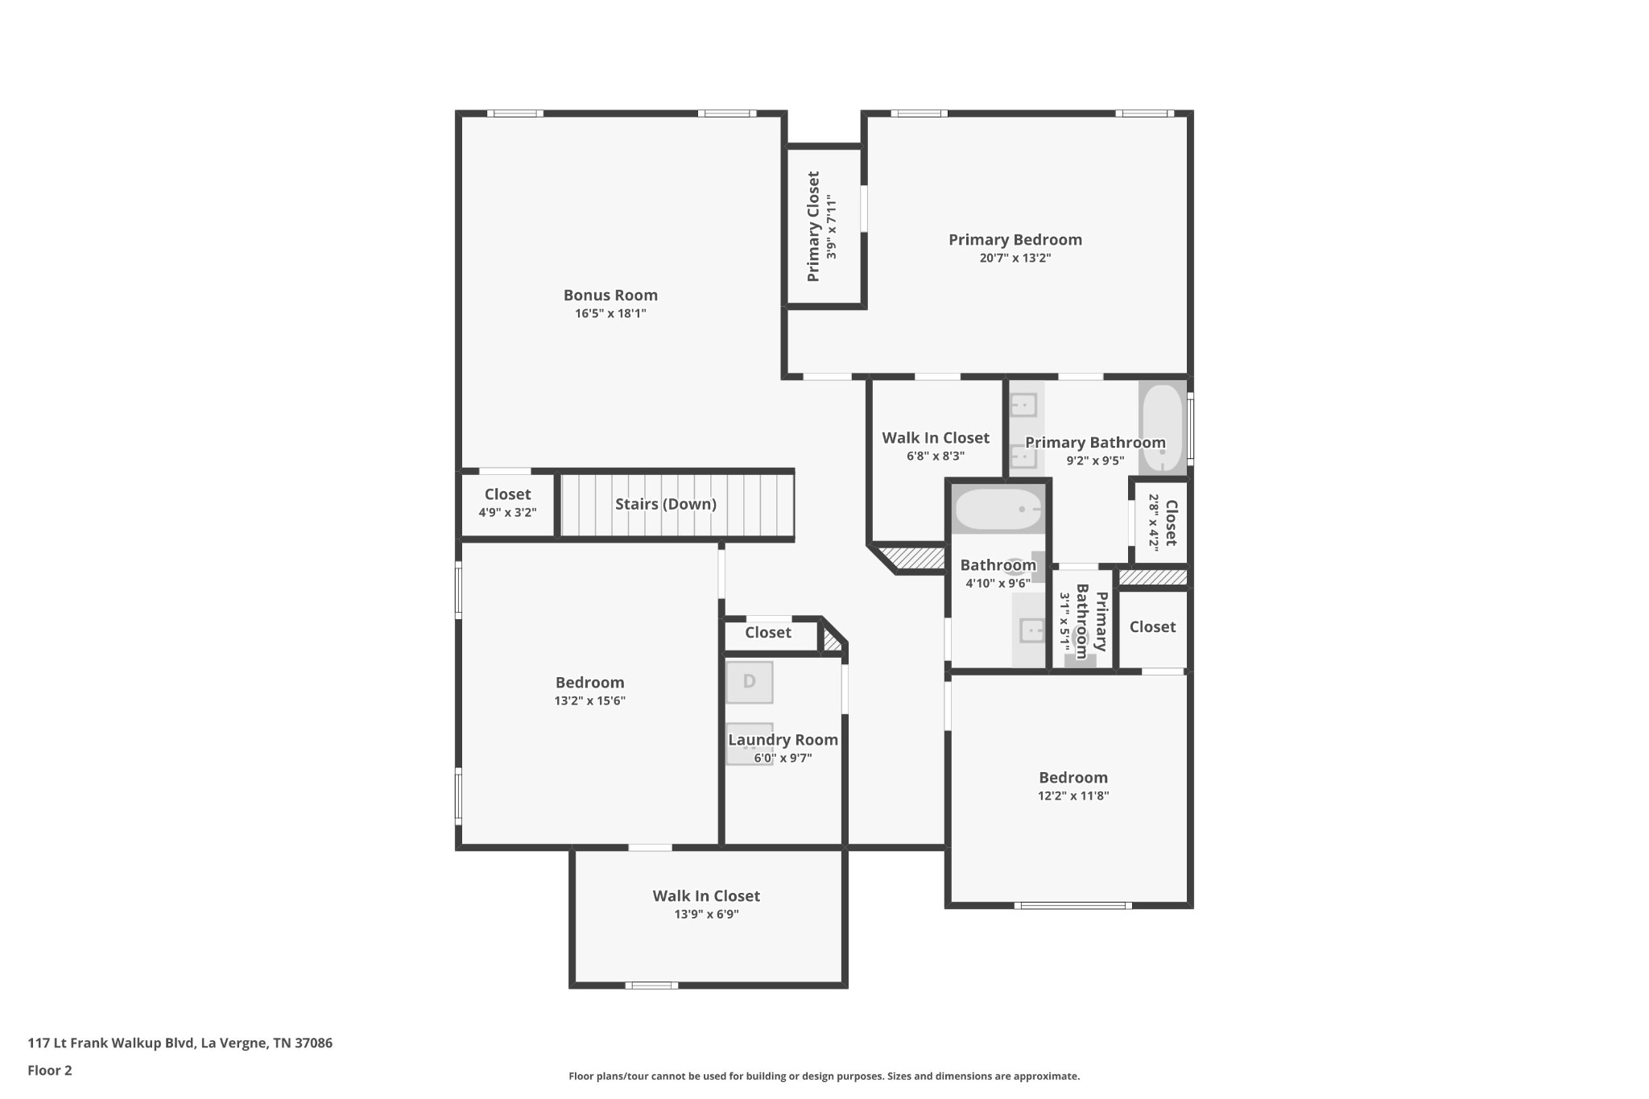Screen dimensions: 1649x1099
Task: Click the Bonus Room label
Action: [610, 295]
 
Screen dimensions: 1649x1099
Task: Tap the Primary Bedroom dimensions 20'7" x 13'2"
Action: [1015, 258]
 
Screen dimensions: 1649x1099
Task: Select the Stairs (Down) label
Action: [666, 504]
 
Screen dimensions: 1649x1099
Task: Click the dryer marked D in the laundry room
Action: [750, 682]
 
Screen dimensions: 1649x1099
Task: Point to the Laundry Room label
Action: [783, 740]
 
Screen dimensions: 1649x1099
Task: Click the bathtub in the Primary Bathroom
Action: [1162, 427]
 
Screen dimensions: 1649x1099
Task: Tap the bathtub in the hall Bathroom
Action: [998, 509]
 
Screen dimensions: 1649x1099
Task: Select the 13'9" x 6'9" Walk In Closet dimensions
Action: [706, 915]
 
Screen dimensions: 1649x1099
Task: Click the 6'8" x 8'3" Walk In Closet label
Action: [936, 438]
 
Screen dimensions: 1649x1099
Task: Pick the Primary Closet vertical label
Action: [813, 226]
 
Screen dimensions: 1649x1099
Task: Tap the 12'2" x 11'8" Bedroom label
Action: [1073, 778]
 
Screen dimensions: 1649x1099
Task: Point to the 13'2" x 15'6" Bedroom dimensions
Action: [589, 701]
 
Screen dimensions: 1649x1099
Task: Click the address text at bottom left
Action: [180, 1043]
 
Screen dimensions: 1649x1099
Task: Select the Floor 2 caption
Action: [50, 1071]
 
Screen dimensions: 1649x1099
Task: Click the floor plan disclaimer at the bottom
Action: [824, 1076]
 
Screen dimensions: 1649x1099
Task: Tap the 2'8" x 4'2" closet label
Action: [1171, 523]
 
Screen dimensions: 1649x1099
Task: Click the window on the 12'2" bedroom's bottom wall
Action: [1073, 906]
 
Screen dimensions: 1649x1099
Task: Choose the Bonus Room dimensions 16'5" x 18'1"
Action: [610, 314]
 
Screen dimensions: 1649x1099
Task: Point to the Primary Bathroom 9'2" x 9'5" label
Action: [1095, 443]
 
